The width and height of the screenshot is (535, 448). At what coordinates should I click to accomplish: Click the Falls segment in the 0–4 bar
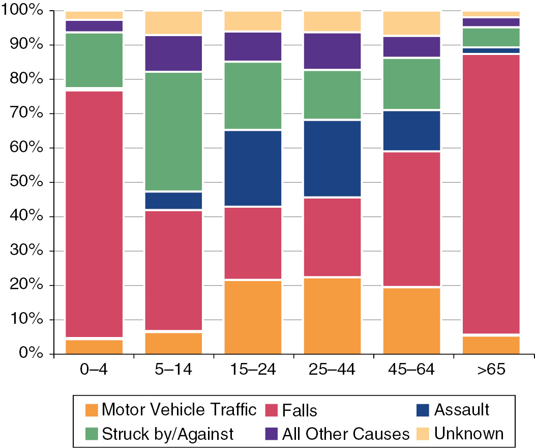click(94, 214)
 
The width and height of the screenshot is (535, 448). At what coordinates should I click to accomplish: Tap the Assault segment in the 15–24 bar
click(253, 168)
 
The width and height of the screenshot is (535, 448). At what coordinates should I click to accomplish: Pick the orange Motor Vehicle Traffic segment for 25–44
click(332, 316)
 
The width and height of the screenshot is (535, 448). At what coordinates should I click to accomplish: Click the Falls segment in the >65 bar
click(491, 193)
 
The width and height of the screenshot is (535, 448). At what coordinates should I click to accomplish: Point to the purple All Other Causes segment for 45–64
click(411, 47)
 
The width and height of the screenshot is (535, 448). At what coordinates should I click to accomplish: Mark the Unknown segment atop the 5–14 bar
click(173, 23)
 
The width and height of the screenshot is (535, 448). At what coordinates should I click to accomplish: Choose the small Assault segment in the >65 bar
click(491, 50)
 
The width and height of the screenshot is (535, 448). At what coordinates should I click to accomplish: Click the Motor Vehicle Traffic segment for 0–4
click(94, 346)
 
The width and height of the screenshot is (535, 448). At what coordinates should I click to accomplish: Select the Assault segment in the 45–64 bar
click(411, 130)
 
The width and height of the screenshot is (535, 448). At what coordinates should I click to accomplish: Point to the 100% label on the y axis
click(21, 11)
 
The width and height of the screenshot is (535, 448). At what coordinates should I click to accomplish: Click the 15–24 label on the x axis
click(253, 370)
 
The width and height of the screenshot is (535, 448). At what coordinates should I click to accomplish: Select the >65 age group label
click(491, 370)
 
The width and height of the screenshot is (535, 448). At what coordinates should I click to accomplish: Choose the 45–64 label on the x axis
click(411, 370)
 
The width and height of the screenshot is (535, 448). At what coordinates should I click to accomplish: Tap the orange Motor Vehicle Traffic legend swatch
click(91, 410)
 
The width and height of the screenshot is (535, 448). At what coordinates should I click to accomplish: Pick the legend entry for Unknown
click(468, 434)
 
